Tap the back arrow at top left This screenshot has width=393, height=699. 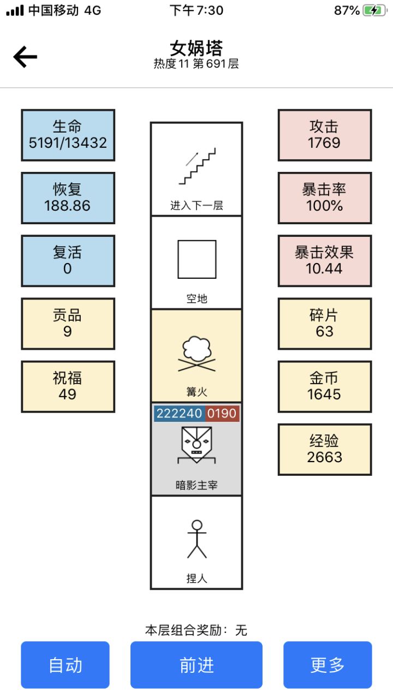point(25,57)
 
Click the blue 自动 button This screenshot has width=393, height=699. point(65,665)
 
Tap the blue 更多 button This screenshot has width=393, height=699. point(327,665)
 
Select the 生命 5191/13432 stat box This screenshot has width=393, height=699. point(68,135)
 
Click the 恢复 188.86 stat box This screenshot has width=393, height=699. point(68,198)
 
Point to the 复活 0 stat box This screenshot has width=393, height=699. point(68,261)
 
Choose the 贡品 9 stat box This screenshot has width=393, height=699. point(68,324)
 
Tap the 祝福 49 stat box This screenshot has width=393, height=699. point(68,386)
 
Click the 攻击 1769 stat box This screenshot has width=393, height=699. point(325,135)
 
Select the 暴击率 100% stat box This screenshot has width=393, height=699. point(325,198)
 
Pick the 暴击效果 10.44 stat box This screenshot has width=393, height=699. point(325,261)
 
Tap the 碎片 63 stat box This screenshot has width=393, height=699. point(325,324)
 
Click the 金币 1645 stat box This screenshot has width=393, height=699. point(325,386)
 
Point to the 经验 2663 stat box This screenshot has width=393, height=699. point(325,449)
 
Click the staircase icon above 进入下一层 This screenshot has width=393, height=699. point(197,165)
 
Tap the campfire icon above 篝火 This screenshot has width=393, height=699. point(197,355)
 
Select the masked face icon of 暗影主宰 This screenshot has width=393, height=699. point(196,444)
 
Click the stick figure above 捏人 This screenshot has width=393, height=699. point(197,539)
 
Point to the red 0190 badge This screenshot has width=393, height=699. point(222,414)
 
